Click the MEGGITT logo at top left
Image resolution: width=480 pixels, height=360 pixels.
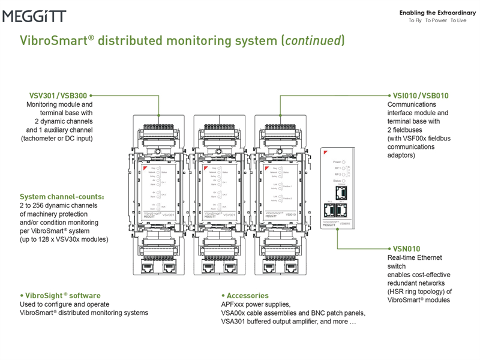coord(34,16)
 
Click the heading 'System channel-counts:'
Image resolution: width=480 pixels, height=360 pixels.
coord(62,197)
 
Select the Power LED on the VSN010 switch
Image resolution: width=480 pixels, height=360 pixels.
coord(344,162)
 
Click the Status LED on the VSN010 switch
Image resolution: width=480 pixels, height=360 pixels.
coord(344,181)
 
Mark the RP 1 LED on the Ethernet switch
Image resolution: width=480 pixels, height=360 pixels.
coord(344,169)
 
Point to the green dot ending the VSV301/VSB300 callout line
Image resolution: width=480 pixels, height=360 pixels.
coord(91,95)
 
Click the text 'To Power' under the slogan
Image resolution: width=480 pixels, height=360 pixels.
coord(436,20)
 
